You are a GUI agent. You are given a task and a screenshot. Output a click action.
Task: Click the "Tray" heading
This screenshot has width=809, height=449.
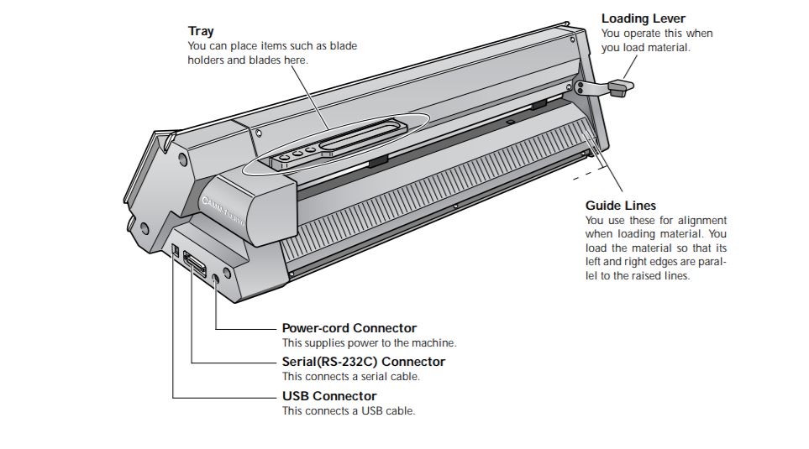coord(201,31)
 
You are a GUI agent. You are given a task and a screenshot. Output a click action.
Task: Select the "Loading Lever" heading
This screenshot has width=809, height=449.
coord(643,18)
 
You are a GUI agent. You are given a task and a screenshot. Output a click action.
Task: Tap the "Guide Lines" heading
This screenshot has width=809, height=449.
coord(620,205)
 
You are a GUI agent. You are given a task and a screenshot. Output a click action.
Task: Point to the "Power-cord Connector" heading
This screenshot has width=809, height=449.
coord(349,328)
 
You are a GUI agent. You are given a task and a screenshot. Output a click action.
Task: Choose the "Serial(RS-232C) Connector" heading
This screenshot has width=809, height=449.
coord(363,362)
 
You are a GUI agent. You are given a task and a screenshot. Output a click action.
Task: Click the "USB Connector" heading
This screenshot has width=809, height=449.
coord(329,396)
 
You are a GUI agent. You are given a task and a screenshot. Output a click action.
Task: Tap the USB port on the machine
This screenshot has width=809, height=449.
coord(174,250)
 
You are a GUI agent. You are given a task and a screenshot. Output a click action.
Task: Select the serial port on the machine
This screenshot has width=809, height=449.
coord(195,265)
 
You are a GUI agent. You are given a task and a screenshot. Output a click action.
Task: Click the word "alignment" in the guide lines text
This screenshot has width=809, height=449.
coord(701,220)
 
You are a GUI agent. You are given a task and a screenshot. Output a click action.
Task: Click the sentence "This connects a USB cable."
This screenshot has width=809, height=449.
coord(349,411)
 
